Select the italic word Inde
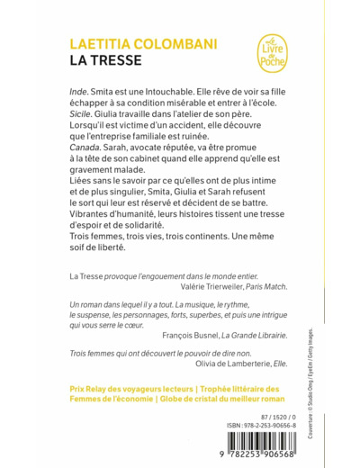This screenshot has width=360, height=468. [x=79, y=93]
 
